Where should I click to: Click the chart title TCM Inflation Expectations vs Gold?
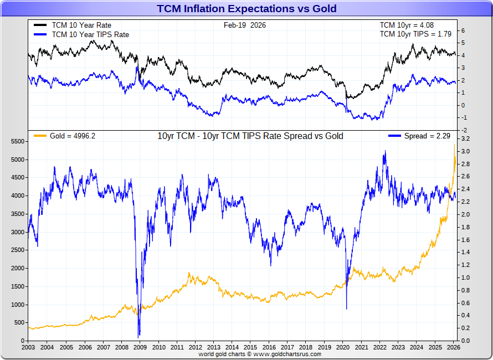[x=247, y=8]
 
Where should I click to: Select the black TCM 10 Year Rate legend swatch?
[x=40, y=25]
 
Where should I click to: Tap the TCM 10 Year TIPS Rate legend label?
[x=90, y=34]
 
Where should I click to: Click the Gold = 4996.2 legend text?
[x=73, y=136]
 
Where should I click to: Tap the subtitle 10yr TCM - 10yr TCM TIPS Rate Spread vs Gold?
[x=250, y=136]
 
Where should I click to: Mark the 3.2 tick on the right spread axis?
[x=465, y=139]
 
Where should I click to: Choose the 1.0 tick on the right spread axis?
[x=465, y=278]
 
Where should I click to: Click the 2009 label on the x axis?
[x=140, y=347]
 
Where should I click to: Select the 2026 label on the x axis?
[x=453, y=347]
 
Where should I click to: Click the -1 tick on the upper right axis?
[x=464, y=117]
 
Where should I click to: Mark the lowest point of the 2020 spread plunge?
[x=347, y=308]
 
